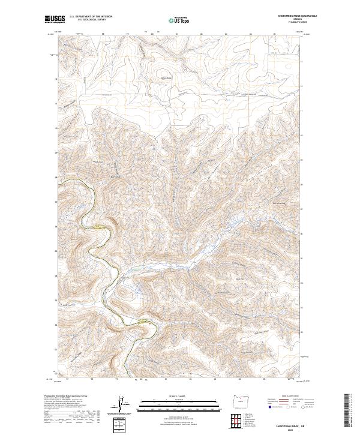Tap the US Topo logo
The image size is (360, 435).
click(179, 20)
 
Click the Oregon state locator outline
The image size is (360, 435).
click(239, 401)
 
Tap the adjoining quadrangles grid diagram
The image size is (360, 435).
click(239, 419)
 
